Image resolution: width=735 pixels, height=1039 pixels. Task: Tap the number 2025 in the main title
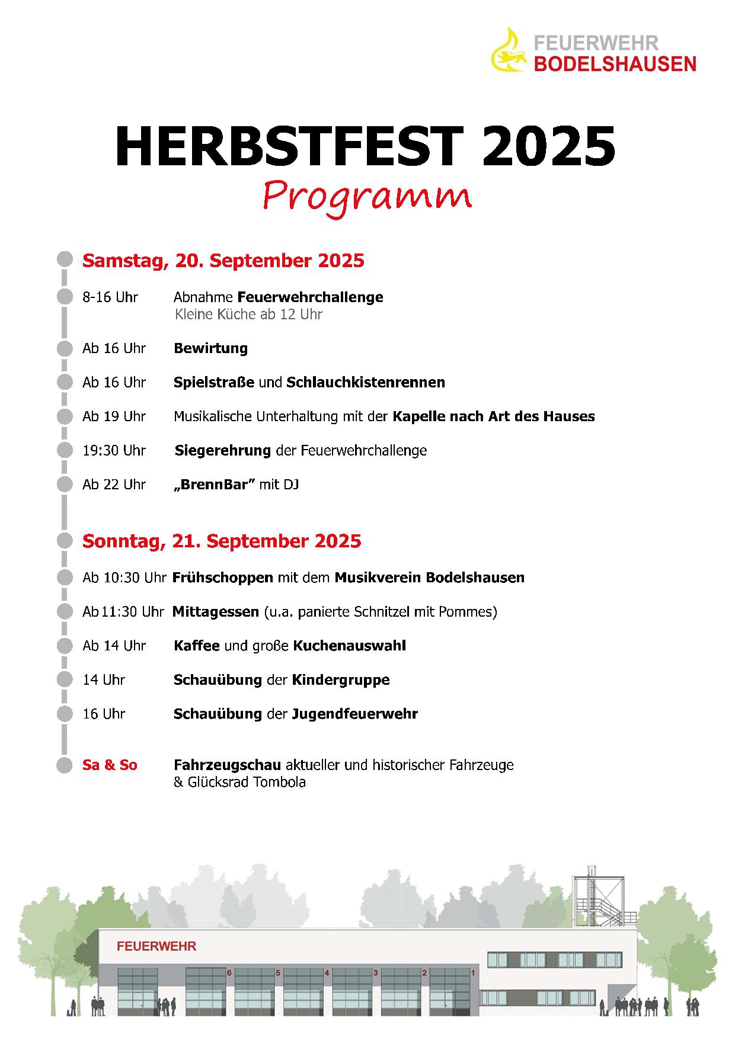tap(548, 147)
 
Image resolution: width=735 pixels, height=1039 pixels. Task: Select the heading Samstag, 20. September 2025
tap(223, 261)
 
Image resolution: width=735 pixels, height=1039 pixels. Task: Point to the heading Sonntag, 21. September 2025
tap(222, 541)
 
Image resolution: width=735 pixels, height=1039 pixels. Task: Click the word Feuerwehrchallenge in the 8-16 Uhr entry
tap(310, 297)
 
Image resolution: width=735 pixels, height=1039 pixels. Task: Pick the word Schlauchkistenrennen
tap(366, 382)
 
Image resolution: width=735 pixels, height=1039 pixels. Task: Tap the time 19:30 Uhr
tap(114, 450)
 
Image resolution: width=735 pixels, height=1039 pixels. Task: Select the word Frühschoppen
tap(223, 577)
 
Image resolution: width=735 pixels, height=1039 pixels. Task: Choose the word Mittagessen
tap(216, 611)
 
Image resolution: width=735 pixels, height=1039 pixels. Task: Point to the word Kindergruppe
tap(341, 679)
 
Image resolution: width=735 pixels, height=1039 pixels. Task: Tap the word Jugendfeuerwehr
tap(354, 714)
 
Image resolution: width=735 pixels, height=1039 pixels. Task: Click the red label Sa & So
tap(110, 765)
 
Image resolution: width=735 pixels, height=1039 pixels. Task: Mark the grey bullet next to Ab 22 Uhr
tap(65, 485)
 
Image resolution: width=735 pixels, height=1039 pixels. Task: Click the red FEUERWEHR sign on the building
tap(156, 946)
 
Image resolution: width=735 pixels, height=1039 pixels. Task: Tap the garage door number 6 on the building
tap(229, 973)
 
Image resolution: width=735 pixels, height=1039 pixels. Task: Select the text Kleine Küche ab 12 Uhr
tap(248, 314)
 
